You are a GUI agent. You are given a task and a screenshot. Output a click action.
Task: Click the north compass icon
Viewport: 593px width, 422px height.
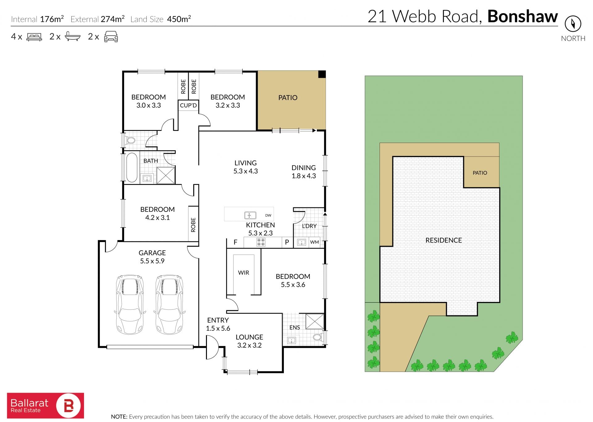click(573, 24)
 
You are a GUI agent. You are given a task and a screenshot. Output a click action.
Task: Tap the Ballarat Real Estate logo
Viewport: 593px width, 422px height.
click(45, 405)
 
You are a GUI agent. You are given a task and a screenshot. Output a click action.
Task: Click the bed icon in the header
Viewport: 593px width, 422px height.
click(34, 37)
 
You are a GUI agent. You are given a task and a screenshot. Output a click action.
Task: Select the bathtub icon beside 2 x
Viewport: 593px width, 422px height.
click(73, 36)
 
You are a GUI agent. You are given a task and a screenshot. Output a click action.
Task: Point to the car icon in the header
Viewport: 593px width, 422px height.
click(111, 36)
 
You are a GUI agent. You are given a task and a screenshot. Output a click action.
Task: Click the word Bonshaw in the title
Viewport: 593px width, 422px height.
click(523, 16)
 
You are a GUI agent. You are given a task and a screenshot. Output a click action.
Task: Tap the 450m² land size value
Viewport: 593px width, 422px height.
click(179, 19)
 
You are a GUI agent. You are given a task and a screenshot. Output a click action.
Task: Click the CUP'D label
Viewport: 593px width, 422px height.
click(188, 105)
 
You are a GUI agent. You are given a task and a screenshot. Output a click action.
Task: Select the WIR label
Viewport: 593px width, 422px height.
click(243, 273)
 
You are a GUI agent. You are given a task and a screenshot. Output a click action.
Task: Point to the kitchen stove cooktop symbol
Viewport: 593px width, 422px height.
click(261, 242)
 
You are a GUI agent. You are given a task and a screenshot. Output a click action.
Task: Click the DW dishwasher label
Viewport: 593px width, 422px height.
click(268, 215)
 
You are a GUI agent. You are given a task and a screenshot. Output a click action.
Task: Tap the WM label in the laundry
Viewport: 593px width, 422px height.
click(314, 242)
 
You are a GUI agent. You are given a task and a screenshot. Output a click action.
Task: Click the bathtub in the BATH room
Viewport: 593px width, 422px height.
click(132, 168)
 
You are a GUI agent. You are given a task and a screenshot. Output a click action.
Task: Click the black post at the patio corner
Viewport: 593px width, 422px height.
click(322, 74)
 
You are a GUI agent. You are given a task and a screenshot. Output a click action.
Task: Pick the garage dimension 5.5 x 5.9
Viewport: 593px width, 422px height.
click(152, 261)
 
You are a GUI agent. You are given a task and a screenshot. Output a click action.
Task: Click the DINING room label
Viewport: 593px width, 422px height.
click(304, 168)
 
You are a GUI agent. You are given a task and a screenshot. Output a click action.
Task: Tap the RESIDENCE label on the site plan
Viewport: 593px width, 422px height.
click(444, 240)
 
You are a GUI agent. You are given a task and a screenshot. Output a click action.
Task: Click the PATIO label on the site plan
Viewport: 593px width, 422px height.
click(480, 173)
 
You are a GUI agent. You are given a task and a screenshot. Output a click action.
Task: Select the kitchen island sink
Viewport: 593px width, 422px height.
click(250, 215)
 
